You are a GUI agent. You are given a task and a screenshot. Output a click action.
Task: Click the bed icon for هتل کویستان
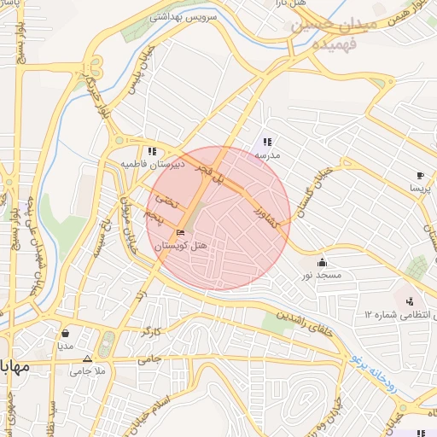click(x=179, y=232)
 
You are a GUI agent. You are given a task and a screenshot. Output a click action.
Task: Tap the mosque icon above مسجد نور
click(x=322, y=262)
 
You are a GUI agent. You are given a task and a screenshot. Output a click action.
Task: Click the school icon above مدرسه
click(x=267, y=143)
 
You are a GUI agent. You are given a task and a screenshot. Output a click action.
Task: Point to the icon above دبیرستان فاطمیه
click(x=152, y=151)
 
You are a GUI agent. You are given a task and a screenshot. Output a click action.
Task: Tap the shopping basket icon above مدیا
click(x=66, y=334)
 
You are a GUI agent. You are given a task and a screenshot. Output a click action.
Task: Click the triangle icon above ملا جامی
click(x=88, y=358)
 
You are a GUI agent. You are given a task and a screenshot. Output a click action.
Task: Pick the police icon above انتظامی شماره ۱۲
click(x=411, y=300)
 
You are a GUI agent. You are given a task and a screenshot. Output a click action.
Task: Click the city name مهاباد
click(x=15, y=368)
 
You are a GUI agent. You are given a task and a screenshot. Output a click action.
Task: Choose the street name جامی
click(x=149, y=358)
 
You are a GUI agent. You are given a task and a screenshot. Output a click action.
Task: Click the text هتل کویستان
click(x=177, y=245)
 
